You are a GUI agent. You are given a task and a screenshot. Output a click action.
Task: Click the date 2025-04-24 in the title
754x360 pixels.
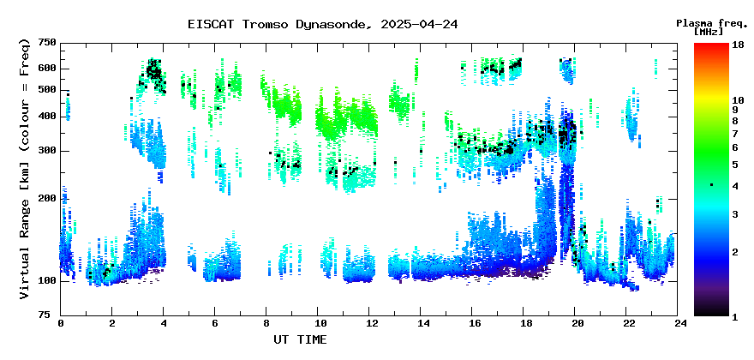coord(419,24)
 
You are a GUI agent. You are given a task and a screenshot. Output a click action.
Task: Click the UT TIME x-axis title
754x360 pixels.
coord(300,339)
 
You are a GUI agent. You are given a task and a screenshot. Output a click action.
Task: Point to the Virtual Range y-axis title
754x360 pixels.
coord(25,169)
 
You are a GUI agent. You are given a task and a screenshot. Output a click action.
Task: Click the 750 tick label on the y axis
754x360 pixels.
coord(48,44)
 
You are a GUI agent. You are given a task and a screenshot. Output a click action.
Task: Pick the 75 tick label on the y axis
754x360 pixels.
coord(51,315)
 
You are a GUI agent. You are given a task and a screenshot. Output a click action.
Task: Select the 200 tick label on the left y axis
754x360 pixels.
coord(48,198)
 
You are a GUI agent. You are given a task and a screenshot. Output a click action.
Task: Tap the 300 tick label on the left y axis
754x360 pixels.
coord(48,151)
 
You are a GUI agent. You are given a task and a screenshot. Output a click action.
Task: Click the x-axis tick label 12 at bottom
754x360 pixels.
coord(368,324)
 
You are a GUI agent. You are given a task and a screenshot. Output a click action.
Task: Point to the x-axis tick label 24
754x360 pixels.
coord(678,324)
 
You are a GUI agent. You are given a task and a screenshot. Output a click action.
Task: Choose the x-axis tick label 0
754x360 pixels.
coord(61,324)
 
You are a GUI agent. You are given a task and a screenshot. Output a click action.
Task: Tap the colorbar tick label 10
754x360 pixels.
coord(739,100)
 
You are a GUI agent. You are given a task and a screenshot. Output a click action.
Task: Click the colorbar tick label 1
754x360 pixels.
coord(736,318)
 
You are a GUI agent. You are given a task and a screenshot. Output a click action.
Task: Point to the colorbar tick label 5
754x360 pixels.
coord(736,165)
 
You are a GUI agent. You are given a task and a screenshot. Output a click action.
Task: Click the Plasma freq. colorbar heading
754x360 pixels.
coord(712,24)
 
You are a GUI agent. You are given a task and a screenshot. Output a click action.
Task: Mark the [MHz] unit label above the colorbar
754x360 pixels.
coord(709,32)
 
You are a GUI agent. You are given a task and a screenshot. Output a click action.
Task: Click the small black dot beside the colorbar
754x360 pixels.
coord(711,184)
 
